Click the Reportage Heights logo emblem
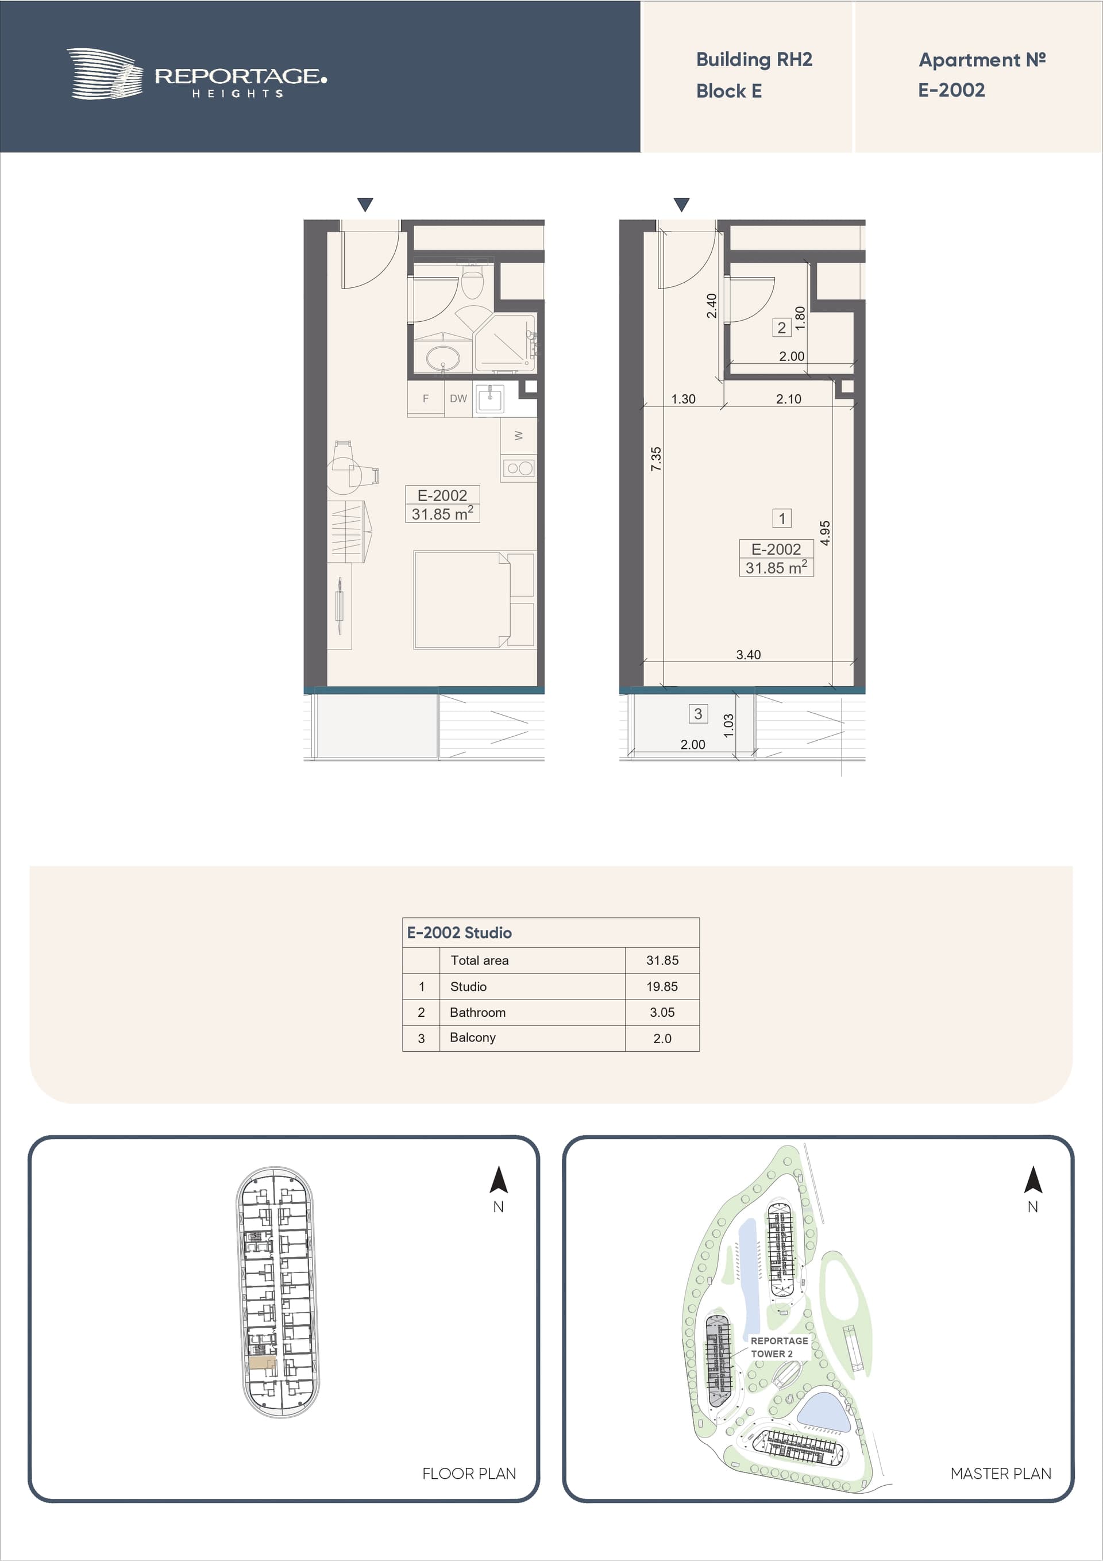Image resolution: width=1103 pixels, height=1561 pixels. [105, 74]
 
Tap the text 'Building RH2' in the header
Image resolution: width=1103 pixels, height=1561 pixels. [754, 60]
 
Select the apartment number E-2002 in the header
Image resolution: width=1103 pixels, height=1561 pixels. [951, 90]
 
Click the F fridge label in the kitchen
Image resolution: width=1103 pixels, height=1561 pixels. [426, 398]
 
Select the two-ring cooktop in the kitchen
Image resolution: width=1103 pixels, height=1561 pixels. [519, 468]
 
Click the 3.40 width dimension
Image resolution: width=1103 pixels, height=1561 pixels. [748, 655]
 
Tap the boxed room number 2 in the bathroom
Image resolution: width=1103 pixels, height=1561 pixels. [781, 328]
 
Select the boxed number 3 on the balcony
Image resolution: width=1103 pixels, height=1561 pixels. [698, 713]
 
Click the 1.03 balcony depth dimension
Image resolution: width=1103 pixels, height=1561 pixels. [728, 725]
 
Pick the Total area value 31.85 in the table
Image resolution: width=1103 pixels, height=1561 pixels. [662, 960]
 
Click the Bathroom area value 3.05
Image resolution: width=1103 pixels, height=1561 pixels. [662, 1012]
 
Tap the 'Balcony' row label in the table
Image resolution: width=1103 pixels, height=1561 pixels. [472, 1037]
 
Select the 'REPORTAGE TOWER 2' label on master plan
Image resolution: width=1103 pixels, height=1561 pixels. [779, 1347]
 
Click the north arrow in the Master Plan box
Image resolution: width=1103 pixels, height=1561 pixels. [1032, 1179]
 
